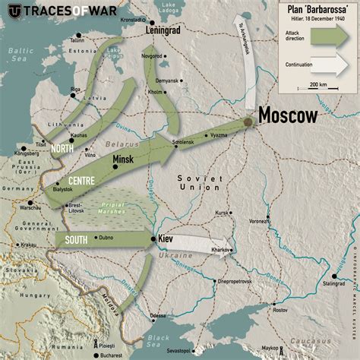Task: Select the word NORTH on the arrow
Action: click(x=62, y=149)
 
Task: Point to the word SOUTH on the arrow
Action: click(x=76, y=239)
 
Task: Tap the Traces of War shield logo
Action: click(x=13, y=12)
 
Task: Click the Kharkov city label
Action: click(x=222, y=250)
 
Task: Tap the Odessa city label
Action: click(x=157, y=315)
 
